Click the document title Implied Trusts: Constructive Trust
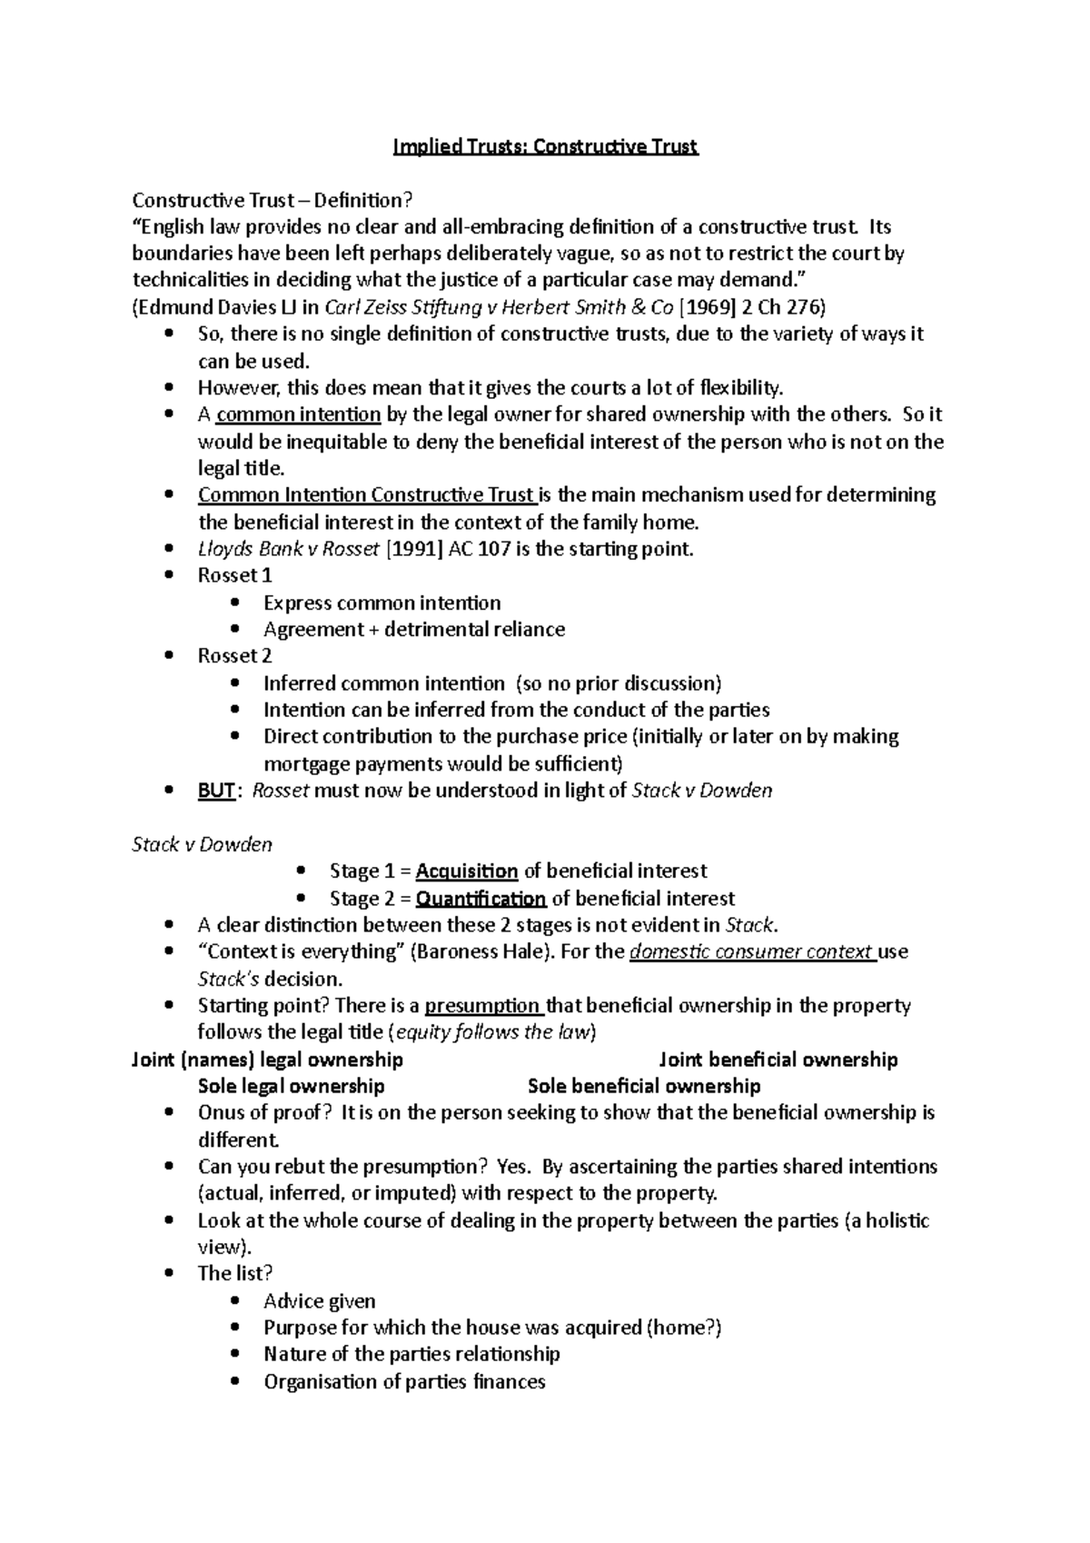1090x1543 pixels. coord(545,146)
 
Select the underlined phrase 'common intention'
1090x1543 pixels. coord(298,414)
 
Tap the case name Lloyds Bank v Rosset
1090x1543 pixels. coord(288,549)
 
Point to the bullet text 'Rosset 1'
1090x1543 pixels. coord(234,575)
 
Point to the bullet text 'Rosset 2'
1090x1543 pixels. coord(234,656)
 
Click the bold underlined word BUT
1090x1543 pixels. coord(216,791)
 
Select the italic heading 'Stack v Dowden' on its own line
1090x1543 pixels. coord(202,844)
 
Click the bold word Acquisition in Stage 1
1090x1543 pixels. coord(467,871)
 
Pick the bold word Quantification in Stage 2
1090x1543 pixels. coord(481,899)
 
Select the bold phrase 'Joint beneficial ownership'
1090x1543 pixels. coord(778,1060)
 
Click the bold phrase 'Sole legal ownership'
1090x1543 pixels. coord(291,1086)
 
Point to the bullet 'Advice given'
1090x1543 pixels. coord(319,1301)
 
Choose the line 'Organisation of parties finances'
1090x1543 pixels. coord(404,1382)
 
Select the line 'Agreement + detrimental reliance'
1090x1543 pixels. coord(413,630)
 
